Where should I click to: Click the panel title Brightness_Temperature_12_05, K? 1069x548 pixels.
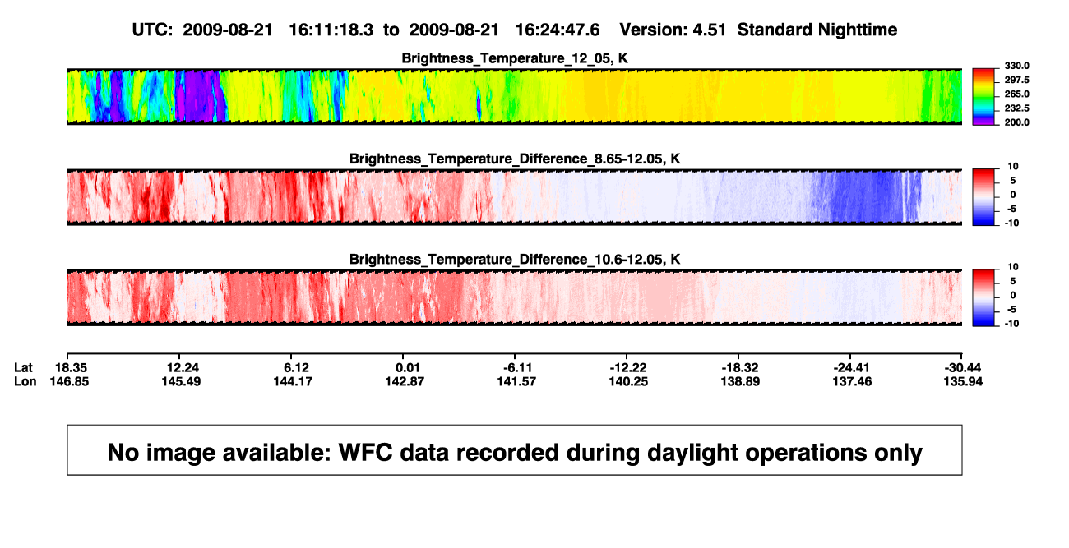click(x=515, y=58)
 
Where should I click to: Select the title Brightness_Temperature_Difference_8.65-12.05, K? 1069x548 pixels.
click(x=515, y=159)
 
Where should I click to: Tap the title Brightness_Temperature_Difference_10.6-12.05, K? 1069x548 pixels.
click(x=515, y=260)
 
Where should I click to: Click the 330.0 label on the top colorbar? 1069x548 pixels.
click(x=1016, y=66)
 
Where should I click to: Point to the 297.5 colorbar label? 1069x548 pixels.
click(x=1016, y=81)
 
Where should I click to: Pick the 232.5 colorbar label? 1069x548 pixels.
click(x=1016, y=108)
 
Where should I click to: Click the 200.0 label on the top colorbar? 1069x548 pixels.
click(x=1016, y=122)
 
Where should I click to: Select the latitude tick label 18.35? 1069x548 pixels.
click(x=71, y=368)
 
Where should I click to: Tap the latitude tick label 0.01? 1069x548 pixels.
click(x=408, y=368)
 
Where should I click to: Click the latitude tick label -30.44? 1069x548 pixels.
click(x=962, y=368)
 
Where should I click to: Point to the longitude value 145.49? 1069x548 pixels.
click(x=181, y=381)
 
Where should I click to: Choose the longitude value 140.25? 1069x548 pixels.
click(x=628, y=381)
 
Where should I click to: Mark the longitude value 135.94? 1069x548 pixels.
click(x=963, y=381)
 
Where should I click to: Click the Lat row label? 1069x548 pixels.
click(x=23, y=368)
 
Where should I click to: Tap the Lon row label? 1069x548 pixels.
click(x=25, y=381)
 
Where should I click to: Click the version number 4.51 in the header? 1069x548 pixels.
click(x=709, y=30)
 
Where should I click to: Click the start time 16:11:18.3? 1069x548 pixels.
click(x=331, y=30)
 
